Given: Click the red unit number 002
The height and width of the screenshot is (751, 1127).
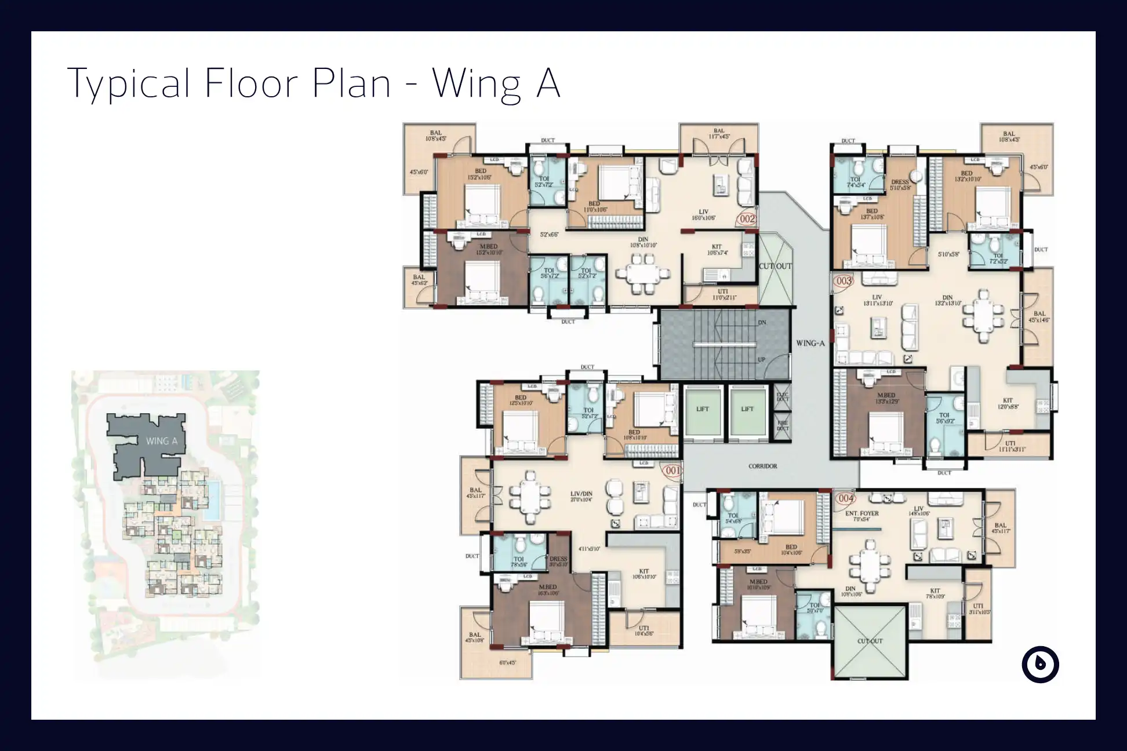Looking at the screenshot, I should [x=747, y=218].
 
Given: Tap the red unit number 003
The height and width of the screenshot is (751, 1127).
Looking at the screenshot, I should [x=844, y=281].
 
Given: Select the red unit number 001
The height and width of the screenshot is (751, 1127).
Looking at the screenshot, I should [x=672, y=471].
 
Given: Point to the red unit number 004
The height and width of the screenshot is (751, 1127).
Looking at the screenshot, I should [x=846, y=498].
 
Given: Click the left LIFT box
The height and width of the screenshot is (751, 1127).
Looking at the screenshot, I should [x=703, y=409].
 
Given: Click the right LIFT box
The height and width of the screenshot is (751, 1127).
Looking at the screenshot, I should [x=747, y=409].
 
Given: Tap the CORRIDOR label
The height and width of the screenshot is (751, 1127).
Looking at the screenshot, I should [x=762, y=466].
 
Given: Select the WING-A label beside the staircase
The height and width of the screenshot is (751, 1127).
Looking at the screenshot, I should [x=810, y=343].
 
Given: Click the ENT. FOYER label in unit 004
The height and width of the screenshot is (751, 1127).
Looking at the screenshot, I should [x=861, y=513].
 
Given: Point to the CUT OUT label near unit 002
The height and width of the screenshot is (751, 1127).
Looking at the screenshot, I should [x=775, y=266].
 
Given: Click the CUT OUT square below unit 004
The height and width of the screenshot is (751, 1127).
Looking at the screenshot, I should [x=870, y=641].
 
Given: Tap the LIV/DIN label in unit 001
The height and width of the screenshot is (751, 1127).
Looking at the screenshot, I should [x=581, y=494].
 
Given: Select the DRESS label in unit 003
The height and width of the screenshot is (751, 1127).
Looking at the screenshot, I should [x=900, y=182].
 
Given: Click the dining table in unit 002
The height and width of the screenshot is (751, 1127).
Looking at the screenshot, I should [x=642, y=275].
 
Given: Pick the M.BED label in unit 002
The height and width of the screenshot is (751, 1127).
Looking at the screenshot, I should [x=488, y=247].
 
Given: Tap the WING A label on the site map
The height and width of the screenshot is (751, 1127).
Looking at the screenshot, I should [x=161, y=441].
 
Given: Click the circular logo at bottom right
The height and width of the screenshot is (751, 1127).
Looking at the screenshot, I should [x=1040, y=664].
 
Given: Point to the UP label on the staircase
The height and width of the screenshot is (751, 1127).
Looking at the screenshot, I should [x=761, y=360].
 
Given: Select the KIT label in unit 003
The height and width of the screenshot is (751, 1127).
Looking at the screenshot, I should [x=1008, y=400].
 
